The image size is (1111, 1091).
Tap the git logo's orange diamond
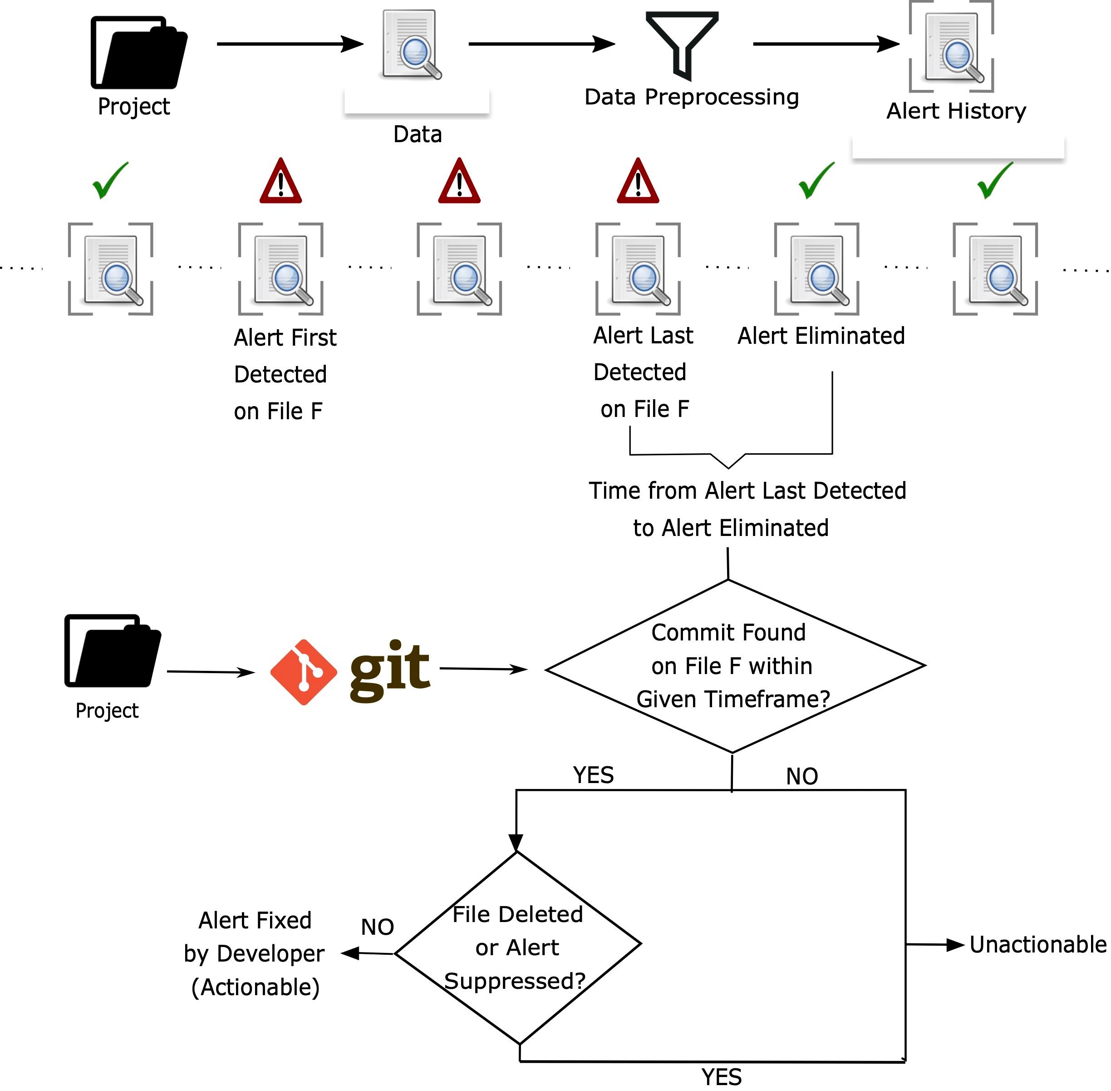tap(304, 672)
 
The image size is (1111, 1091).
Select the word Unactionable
tap(1037, 944)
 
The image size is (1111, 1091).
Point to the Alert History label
tap(956, 111)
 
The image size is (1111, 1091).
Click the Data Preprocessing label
tap(691, 97)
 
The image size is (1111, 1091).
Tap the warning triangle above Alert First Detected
tap(280, 182)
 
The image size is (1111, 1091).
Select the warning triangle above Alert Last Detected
tap(638, 182)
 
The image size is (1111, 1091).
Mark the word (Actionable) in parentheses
tap(256, 987)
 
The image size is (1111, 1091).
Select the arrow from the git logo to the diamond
tap(483, 669)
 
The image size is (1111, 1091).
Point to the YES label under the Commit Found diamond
tap(593, 775)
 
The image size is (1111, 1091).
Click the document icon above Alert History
tap(952, 47)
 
